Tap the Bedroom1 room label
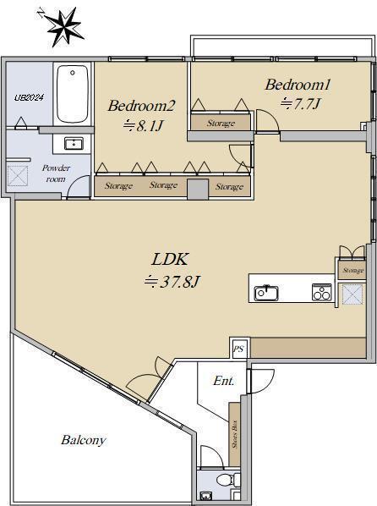(298, 85)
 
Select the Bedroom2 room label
(141, 106)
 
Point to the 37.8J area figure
(172, 282)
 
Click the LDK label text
(170, 259)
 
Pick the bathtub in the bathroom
(73, 94)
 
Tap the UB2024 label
(29, 97)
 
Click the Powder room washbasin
(74, 143)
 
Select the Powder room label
(56, 173)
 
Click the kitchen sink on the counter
(266, 293)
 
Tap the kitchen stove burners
(322, 292)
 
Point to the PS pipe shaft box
(238, 349)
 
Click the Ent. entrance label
(223, 381)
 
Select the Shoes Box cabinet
(234, 434)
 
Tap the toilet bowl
(227, 479)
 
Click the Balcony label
(84, 440)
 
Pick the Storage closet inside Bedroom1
(221, 122)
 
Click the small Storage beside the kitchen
(352, 270)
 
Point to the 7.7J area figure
(300, 104)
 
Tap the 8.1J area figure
(143, 125)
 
